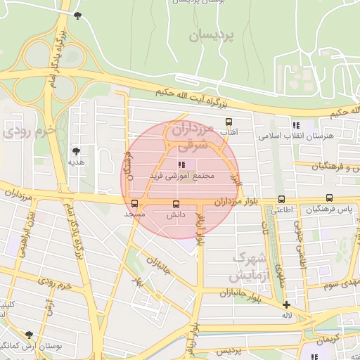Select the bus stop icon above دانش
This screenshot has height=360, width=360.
pos(175,204)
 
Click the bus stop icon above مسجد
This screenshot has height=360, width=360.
pos(134,204)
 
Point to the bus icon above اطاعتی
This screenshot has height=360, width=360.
pos(282,199)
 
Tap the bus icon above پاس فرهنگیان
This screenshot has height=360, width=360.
pos(329,199)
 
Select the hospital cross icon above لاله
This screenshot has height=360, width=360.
pos(286,304)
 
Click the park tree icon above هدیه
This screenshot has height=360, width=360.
pos(76,150)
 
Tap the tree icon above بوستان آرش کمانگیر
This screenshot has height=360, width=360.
pos(28,335)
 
